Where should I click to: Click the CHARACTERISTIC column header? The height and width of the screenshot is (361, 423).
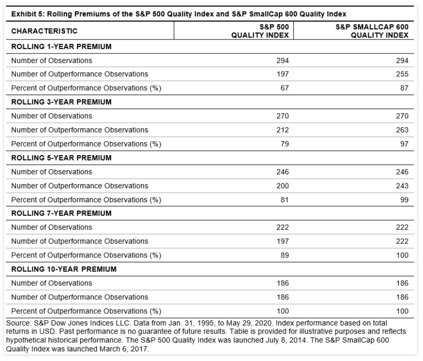tap(44, 31)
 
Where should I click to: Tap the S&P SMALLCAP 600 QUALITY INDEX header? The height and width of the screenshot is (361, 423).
tap(372, 31)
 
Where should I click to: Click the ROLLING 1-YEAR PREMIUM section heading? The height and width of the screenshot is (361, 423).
tap(61, 47)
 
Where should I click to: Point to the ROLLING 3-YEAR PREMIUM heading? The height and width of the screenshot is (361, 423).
tap(61, 102)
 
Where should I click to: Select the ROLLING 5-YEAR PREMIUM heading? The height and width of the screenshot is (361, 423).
tap(61, 158)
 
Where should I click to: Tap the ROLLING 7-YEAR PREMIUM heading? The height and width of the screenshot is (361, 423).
tap(61, 213)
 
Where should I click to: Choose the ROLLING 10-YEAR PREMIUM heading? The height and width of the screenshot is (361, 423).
tap(64, 269)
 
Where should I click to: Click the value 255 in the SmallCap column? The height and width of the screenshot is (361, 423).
tap(402, 74)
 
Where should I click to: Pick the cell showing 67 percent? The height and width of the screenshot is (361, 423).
tap(285, 88)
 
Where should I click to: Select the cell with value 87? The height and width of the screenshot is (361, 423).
tap(404, 88)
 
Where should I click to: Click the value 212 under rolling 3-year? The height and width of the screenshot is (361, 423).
tap(283, 130)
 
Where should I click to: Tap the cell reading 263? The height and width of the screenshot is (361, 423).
tap(402, 130)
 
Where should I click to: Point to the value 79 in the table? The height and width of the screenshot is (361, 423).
tap(285, 144)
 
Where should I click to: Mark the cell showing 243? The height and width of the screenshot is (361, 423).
tap(402, 186)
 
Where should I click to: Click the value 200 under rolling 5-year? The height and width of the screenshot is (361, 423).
tap(283, 186)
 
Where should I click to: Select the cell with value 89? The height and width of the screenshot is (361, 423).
tap(285, 255)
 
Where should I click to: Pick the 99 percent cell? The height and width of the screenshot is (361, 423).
tap(404, 200)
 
